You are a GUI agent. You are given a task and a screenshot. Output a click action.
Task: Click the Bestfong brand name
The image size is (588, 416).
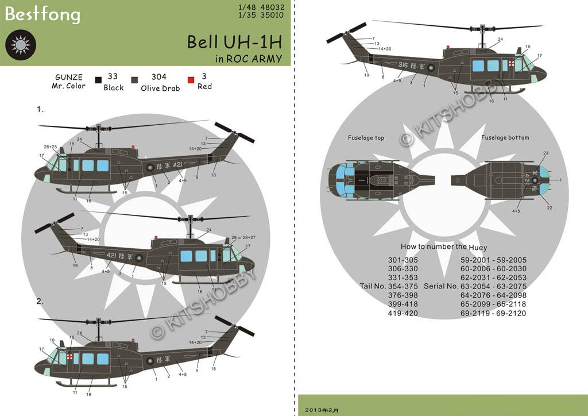tap(42, 14)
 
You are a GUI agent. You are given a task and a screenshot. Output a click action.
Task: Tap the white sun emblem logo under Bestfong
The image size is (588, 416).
tap(21, 44)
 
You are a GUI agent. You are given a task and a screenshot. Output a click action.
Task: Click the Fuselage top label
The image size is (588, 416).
tap(366, 138)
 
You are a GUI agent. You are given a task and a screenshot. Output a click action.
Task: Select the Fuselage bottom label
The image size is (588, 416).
tap(505, 138)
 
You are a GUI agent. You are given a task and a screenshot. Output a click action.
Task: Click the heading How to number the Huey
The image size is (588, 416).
tap(444, 247)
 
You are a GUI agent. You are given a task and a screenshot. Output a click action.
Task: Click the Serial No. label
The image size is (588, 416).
tap(441, 286)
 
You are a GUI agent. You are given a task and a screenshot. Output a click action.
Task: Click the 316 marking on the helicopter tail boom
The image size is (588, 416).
tap(401, 66)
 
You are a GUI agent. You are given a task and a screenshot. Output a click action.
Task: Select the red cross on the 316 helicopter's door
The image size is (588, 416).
tap(511, 64)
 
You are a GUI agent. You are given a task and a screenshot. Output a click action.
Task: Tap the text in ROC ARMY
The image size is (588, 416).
tap(249, 58)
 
